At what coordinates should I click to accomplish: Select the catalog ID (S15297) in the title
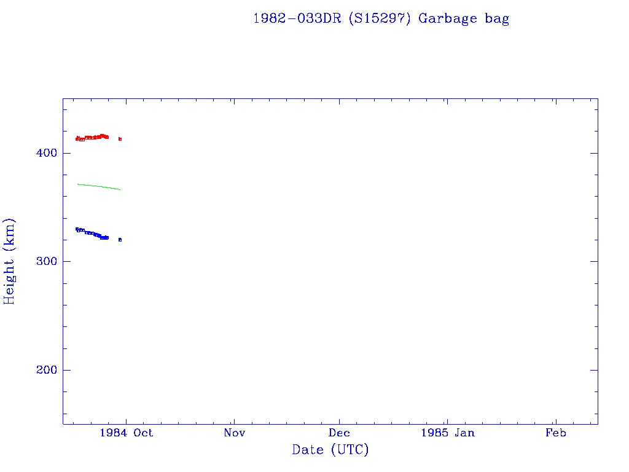tap(380, 18)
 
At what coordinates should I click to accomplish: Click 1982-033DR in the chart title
tap(297, 18)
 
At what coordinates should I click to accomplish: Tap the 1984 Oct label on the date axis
tap(126, 433)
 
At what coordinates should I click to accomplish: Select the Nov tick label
tap(234, 433)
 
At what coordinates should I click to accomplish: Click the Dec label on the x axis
tap(340, 433)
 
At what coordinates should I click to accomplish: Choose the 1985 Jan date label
tap(447, 433)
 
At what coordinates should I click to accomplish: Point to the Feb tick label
tap(556, 433)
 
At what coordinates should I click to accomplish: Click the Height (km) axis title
tap(10, 261)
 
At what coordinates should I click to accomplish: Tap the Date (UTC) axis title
tap(330, 450)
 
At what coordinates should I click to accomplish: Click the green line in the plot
tap(98, 186)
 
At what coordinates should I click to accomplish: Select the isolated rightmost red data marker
tap(120, 139)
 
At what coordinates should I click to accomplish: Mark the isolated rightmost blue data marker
tap(120, 240)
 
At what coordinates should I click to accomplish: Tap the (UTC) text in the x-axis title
tap(350, 450)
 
